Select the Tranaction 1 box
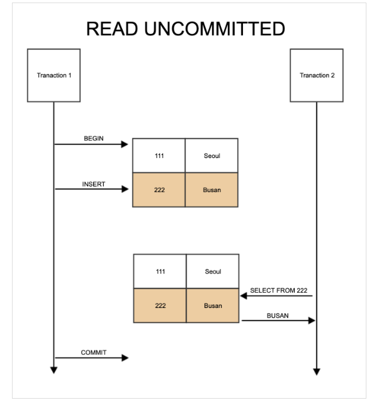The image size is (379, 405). [54, 75]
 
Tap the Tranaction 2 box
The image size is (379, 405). [317, 75]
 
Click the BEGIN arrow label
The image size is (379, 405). [94, 138]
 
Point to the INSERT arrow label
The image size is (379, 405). [94, 184]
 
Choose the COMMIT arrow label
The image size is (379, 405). [94, 353]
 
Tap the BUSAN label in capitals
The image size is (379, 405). [278, 316]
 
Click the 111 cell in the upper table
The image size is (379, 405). [159, 156]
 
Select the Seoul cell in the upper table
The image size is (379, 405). [212, 156]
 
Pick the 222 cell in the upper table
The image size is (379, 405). [159, 190]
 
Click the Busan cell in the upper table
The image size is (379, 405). [212, 190]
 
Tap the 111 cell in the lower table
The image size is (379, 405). [160, 271]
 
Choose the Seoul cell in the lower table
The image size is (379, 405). [213, 271]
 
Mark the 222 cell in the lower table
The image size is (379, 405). [160, 305]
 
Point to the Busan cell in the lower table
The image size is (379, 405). [213, 305]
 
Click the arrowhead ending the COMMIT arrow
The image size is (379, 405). [125, 358]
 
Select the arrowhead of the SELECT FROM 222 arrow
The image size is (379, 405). [244, 295]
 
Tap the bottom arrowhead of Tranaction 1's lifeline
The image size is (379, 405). [54, 370]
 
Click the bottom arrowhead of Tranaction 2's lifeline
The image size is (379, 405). [317, 371]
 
